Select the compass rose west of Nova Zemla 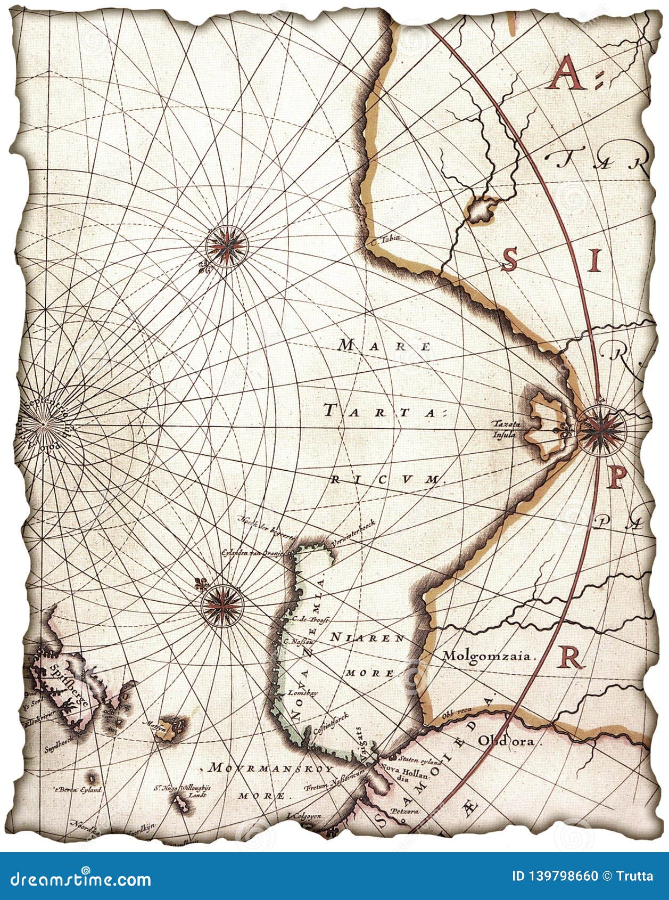click(222, 604)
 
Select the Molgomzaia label click(487, 656)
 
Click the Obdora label click(509, 740)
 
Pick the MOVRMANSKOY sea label click(271, 769)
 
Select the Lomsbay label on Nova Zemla click(298, 693)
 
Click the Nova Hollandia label click(400, 771)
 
